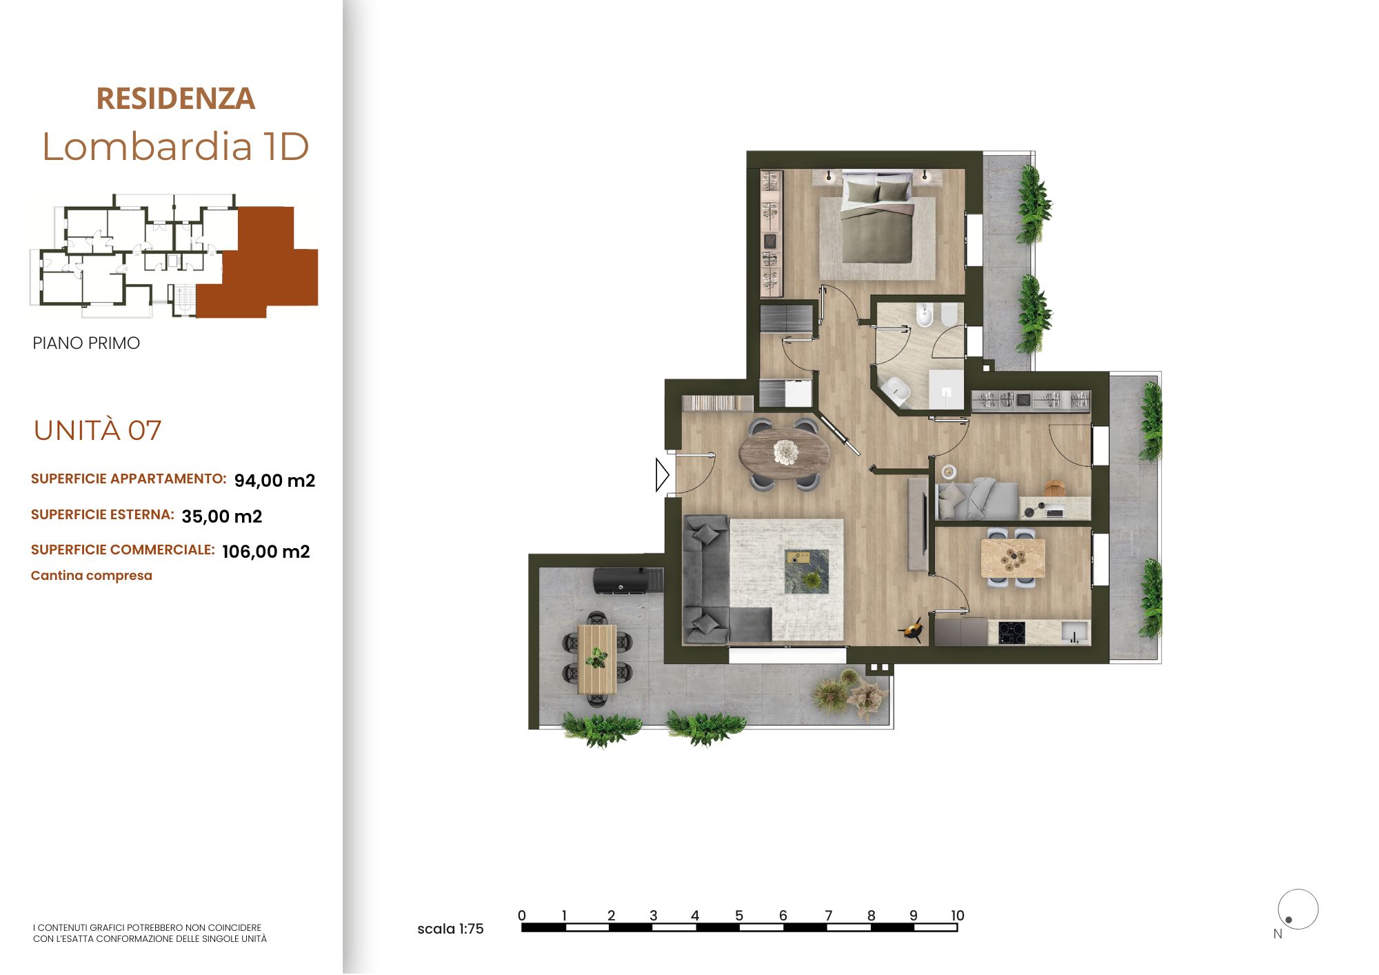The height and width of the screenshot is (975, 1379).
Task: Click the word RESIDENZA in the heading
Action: coord(176,99)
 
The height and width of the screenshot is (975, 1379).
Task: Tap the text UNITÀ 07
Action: coord(97,430)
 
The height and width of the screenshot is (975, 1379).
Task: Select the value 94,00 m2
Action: coord(274,481)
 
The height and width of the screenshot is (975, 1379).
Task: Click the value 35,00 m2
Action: coord(222,516)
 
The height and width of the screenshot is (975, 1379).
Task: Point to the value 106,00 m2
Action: coord(266,552)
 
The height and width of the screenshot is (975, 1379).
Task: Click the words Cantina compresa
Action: coord(92,576)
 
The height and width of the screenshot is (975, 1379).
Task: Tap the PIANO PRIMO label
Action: coord(86,343)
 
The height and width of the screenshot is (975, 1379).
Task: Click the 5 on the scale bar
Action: coord(739,916)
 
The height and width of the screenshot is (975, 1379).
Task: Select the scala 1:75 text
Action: coord(450,929)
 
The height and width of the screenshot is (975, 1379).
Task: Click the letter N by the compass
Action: coord(1278,934)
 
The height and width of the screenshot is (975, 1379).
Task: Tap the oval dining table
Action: coord(785,453)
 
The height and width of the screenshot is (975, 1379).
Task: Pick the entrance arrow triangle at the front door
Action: coord(662,475)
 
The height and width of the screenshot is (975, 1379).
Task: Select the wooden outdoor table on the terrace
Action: coord(597,659)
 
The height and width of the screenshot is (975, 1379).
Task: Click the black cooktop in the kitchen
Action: coord(1011,633)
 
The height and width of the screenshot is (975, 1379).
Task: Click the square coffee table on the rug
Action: coord(807,571)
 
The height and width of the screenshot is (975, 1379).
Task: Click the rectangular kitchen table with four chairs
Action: coord(1012,558)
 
